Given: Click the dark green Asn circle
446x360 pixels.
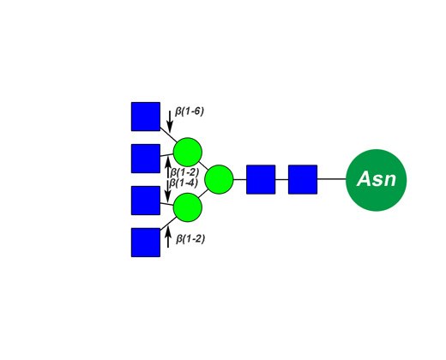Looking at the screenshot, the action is tap(376, 180).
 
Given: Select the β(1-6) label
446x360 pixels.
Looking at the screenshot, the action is tap(190, 111).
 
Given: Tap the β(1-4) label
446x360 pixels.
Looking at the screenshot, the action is tap(184, 183).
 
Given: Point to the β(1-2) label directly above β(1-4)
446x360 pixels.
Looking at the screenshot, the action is tap(184, 172).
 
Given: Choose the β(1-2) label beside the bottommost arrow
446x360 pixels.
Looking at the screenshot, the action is tap(190, 238).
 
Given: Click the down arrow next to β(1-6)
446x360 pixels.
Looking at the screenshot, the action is tap(170, 122).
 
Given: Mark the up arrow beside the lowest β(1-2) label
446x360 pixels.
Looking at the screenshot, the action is tap(168, 237).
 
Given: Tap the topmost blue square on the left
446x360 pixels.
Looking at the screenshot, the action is tap(146, 117).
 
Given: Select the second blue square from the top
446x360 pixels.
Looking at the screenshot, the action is tap(146, 159).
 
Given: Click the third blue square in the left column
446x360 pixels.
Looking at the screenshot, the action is tap(146, 201).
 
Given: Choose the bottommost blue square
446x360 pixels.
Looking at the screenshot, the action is tap(146, 243).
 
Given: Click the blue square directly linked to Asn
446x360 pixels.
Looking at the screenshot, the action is tap(303, 179).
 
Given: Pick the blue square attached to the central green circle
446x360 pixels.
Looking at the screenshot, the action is tap(261, 179).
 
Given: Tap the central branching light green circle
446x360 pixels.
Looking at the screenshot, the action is tap(219, 179).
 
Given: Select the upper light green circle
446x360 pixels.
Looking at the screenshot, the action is tap(188, 152).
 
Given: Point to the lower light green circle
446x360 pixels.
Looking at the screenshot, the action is tap(188, 207).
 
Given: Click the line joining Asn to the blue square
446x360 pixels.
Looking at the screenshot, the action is tap(332, 179).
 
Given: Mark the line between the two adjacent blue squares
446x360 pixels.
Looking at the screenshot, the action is tap(282, 179).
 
